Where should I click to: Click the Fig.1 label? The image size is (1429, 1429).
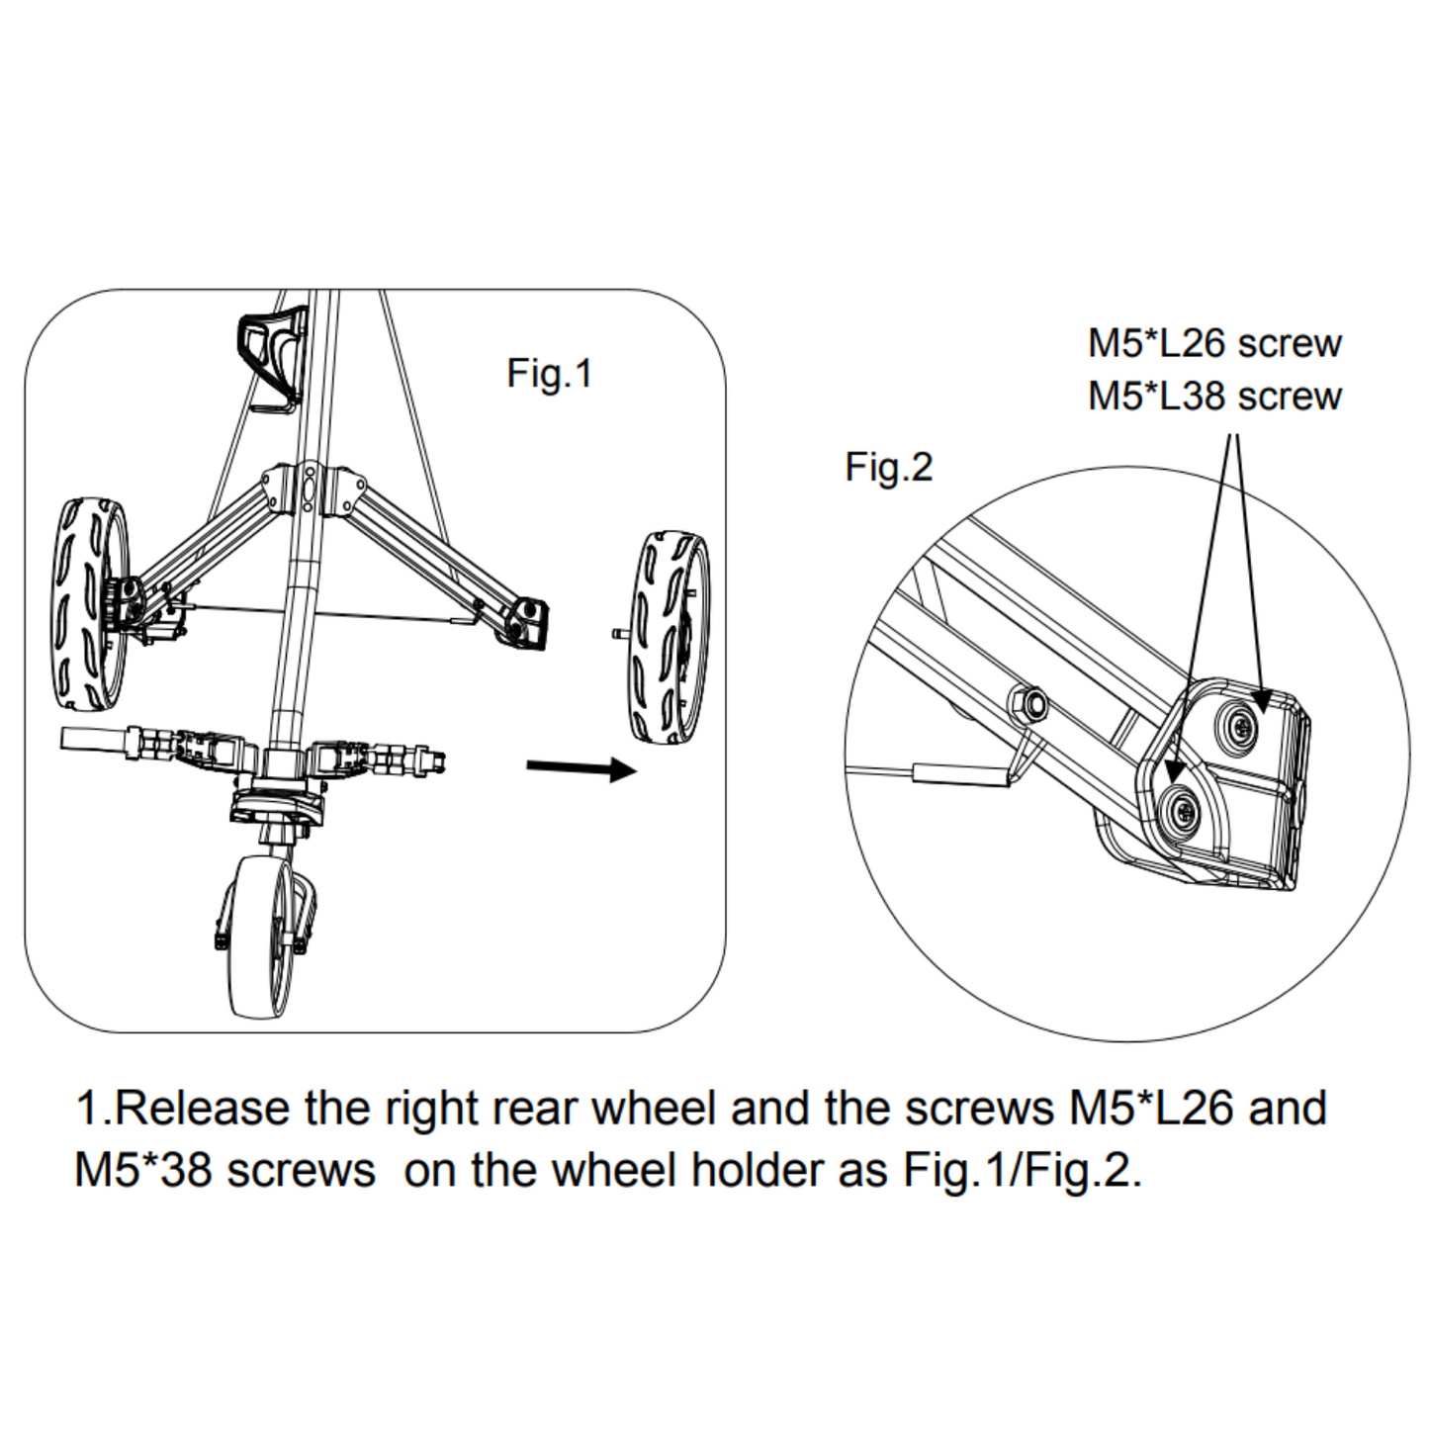point(549,374)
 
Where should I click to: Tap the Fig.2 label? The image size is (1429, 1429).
point(888,467)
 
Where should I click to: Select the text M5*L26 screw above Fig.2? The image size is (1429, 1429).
point(1214,343)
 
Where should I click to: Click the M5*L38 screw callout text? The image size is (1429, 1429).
point(1214,396)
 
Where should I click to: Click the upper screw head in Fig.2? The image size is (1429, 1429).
point(1240,727)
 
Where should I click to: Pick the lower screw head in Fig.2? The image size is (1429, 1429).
point(1183,813)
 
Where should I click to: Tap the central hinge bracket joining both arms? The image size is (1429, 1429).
point(312,491)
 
